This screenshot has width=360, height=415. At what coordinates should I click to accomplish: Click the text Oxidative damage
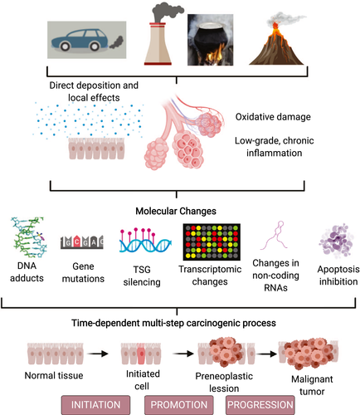(273, 117)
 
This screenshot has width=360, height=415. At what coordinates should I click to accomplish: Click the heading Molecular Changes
(176, 211)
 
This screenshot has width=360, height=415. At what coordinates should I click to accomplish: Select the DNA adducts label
(27, 271)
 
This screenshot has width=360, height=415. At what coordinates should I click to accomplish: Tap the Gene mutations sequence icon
(82, 242)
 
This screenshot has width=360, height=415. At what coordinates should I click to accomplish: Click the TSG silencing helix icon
(145, 241)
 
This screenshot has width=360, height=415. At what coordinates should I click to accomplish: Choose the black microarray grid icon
(212, 242)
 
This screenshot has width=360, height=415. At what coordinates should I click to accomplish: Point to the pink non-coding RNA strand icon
(275, 235)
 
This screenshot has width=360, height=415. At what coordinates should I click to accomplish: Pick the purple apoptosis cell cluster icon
(337, 241)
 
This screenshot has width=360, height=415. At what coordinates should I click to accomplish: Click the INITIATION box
(95, 405)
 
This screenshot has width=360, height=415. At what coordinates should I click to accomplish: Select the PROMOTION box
(179, 405)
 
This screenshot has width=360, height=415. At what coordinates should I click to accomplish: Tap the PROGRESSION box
(260, 405)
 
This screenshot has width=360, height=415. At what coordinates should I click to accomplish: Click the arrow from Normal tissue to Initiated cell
(98, 354)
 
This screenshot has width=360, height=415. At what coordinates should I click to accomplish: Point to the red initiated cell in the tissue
(142, 354)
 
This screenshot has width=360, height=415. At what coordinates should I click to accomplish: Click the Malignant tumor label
(312, 385)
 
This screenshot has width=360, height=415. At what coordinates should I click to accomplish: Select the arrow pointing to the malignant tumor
(267, 354)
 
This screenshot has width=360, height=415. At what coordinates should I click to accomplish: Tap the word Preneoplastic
(224, 376)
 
